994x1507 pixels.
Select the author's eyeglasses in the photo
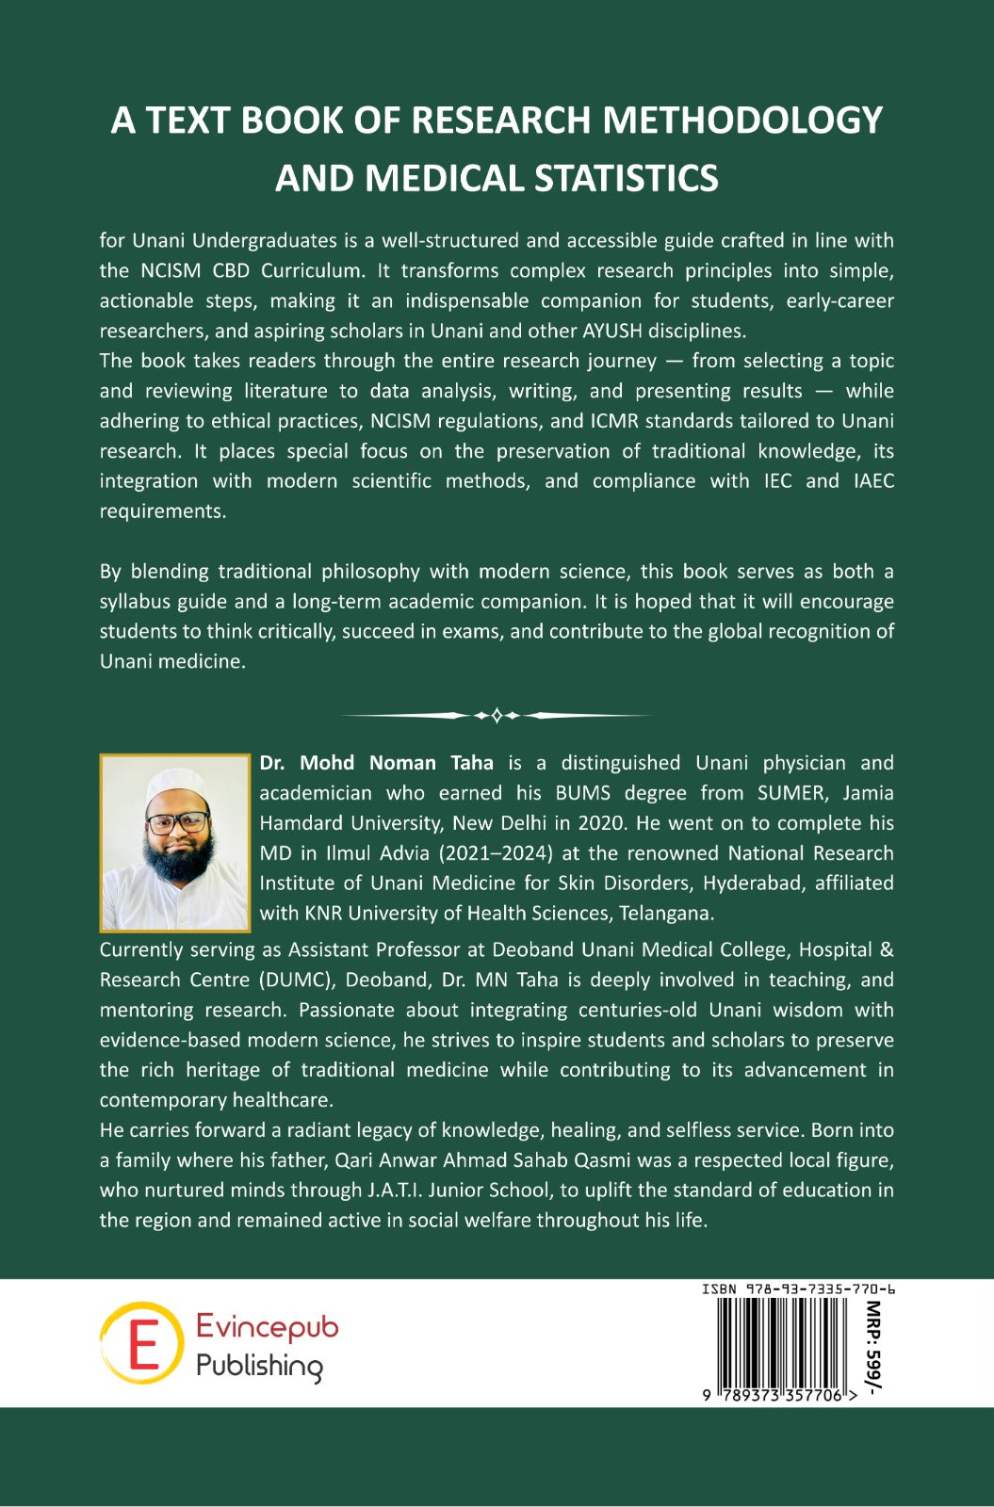[x=176, y=822]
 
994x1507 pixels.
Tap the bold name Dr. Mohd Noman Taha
[x=376, y=763]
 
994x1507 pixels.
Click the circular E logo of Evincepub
[x=142, y=1343]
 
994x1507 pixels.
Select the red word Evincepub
[x=267, y=1327]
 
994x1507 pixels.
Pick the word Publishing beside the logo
[x=259, y=1366]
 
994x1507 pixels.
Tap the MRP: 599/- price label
[x=873, y=1348]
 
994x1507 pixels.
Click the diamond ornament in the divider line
[x=497, y=716]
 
